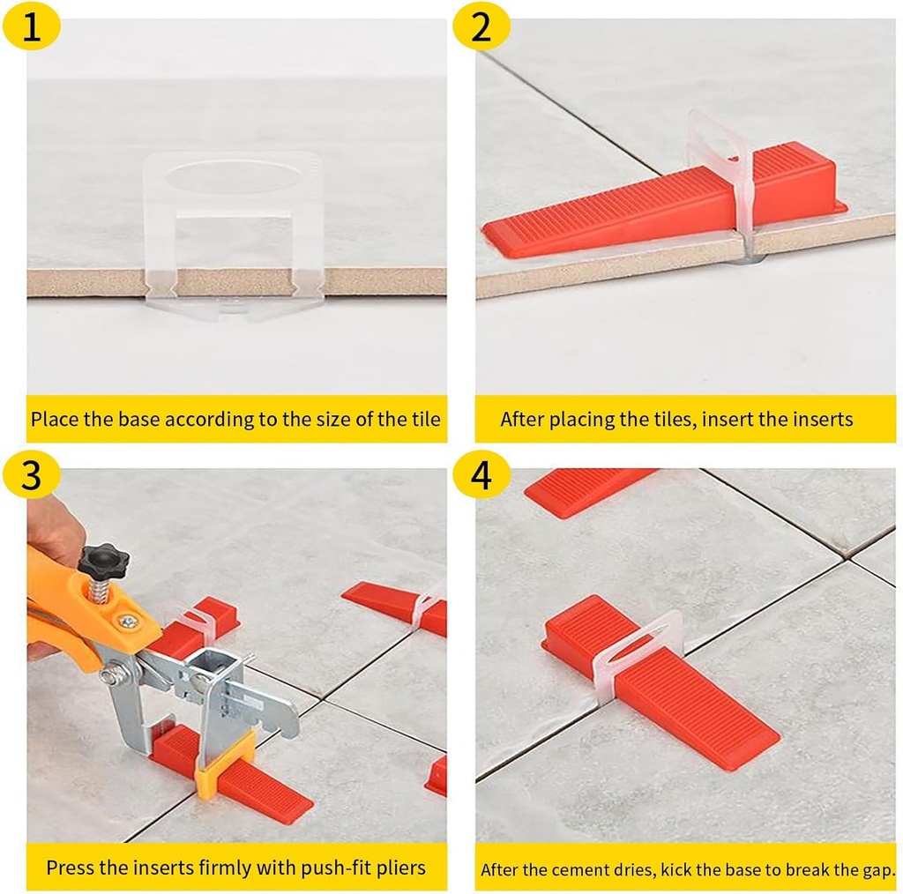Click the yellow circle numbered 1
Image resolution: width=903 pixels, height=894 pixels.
tap(32, 28)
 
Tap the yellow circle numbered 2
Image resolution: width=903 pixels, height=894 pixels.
tap(481, 28)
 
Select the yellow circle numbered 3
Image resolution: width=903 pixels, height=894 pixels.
tap(32, 476)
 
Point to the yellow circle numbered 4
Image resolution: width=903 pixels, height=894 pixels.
tap(481, 476)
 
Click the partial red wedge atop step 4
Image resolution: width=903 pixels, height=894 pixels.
tap(586, 489)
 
